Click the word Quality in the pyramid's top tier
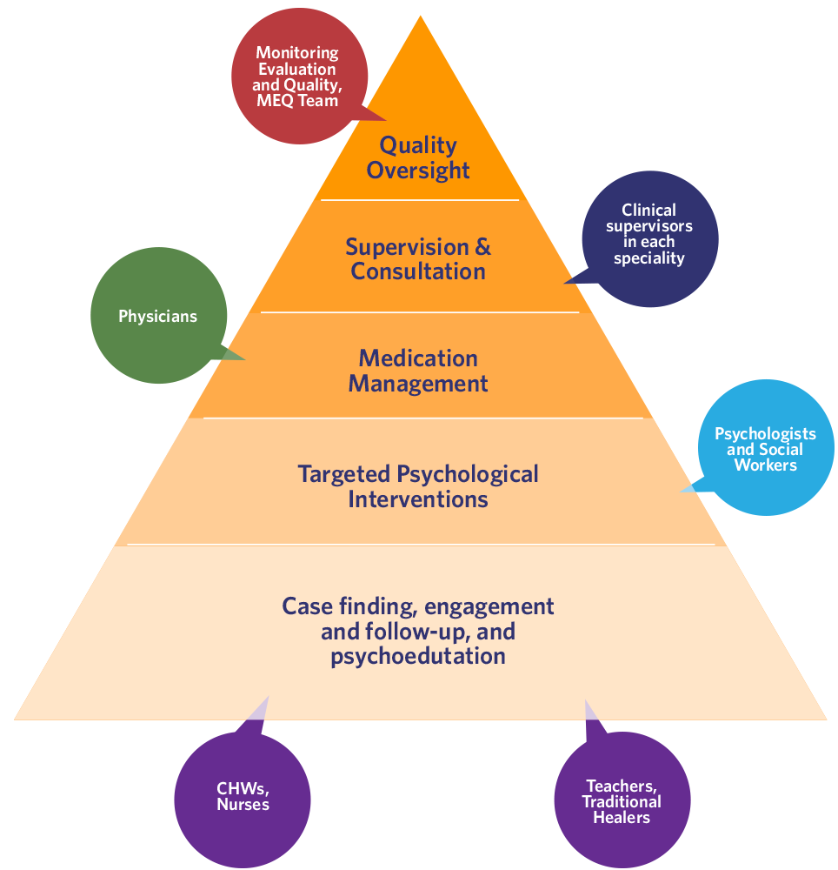(x=418, y=144)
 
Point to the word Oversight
(x=418, y=170)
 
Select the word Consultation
(x=418, y=271)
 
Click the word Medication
(x=418, y=358)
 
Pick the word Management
(x=418, y=384)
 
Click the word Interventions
(x=418, y=499)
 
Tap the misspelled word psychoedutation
(x=418, y=655)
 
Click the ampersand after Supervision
(x=482, y=246)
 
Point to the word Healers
(x=622, y=818)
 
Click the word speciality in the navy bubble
(x=648, y=258)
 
